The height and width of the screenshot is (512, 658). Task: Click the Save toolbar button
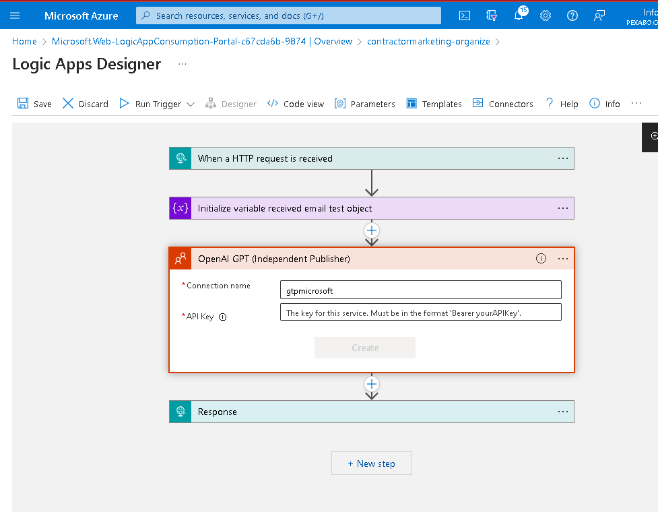point(34,104)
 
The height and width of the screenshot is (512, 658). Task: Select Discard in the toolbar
point(85,104)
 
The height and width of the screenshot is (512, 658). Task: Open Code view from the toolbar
point(296,104)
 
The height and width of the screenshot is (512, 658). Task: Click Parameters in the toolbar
point(364,104)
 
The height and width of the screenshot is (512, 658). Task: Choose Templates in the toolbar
point(434,104)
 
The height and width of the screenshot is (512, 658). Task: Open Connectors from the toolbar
point(502,104)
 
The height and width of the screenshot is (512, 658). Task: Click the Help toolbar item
point(562,104)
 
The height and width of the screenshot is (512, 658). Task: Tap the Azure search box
point(288,15)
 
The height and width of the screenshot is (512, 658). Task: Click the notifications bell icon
point(519,15)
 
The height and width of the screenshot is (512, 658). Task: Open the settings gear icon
point(545,15)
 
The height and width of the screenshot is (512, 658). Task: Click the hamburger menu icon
point(15,15)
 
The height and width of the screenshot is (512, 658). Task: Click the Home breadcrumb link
point(24,41)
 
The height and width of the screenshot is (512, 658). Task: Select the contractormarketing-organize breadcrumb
point(428,41)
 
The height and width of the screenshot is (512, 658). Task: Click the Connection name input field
point(420,290)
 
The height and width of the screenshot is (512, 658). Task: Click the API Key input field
point(420,312)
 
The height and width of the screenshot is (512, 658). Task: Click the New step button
point(371,463)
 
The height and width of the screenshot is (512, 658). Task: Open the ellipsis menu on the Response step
point(563,412)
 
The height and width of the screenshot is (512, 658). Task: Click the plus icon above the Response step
point(371,384)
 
